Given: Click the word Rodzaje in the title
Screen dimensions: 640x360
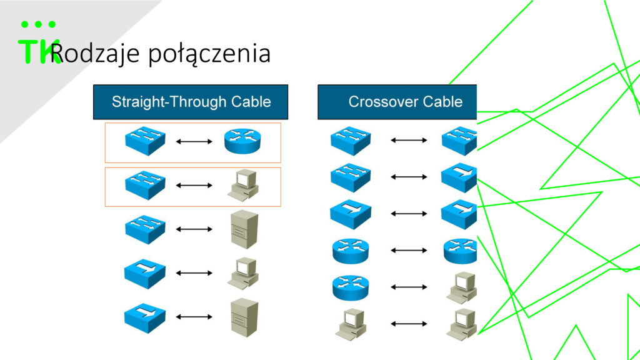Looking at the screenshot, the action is click(95, 54).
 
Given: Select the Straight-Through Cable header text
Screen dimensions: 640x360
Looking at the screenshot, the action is click(191, 102).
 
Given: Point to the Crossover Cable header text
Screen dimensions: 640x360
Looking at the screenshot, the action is click(405, 102).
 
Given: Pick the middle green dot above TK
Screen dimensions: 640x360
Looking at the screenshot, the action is click(38, 24).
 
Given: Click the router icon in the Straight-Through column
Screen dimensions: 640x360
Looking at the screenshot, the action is click(242, 141).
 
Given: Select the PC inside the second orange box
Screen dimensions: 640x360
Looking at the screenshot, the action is click(243, 185).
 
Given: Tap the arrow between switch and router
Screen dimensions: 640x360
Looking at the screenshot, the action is click(194, 142).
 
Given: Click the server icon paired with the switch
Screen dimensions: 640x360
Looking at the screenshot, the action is click(244, 229).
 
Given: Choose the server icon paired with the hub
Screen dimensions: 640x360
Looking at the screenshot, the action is click(244, 317).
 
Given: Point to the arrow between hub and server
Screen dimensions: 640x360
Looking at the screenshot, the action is click(194, 317).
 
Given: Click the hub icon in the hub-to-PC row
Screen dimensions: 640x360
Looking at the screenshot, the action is click(145, 274).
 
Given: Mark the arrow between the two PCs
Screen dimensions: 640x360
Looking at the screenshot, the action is click(409, 324).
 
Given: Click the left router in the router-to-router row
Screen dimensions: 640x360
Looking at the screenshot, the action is click(351, 251).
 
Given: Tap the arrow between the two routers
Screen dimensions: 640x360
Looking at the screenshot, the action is click(409, 250).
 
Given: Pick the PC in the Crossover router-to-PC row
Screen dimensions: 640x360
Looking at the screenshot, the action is click(462, 287).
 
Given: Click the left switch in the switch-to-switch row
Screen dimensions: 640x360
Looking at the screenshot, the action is click(351, 141).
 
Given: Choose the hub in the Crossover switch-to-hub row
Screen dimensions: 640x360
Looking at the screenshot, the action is click(459, 177).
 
